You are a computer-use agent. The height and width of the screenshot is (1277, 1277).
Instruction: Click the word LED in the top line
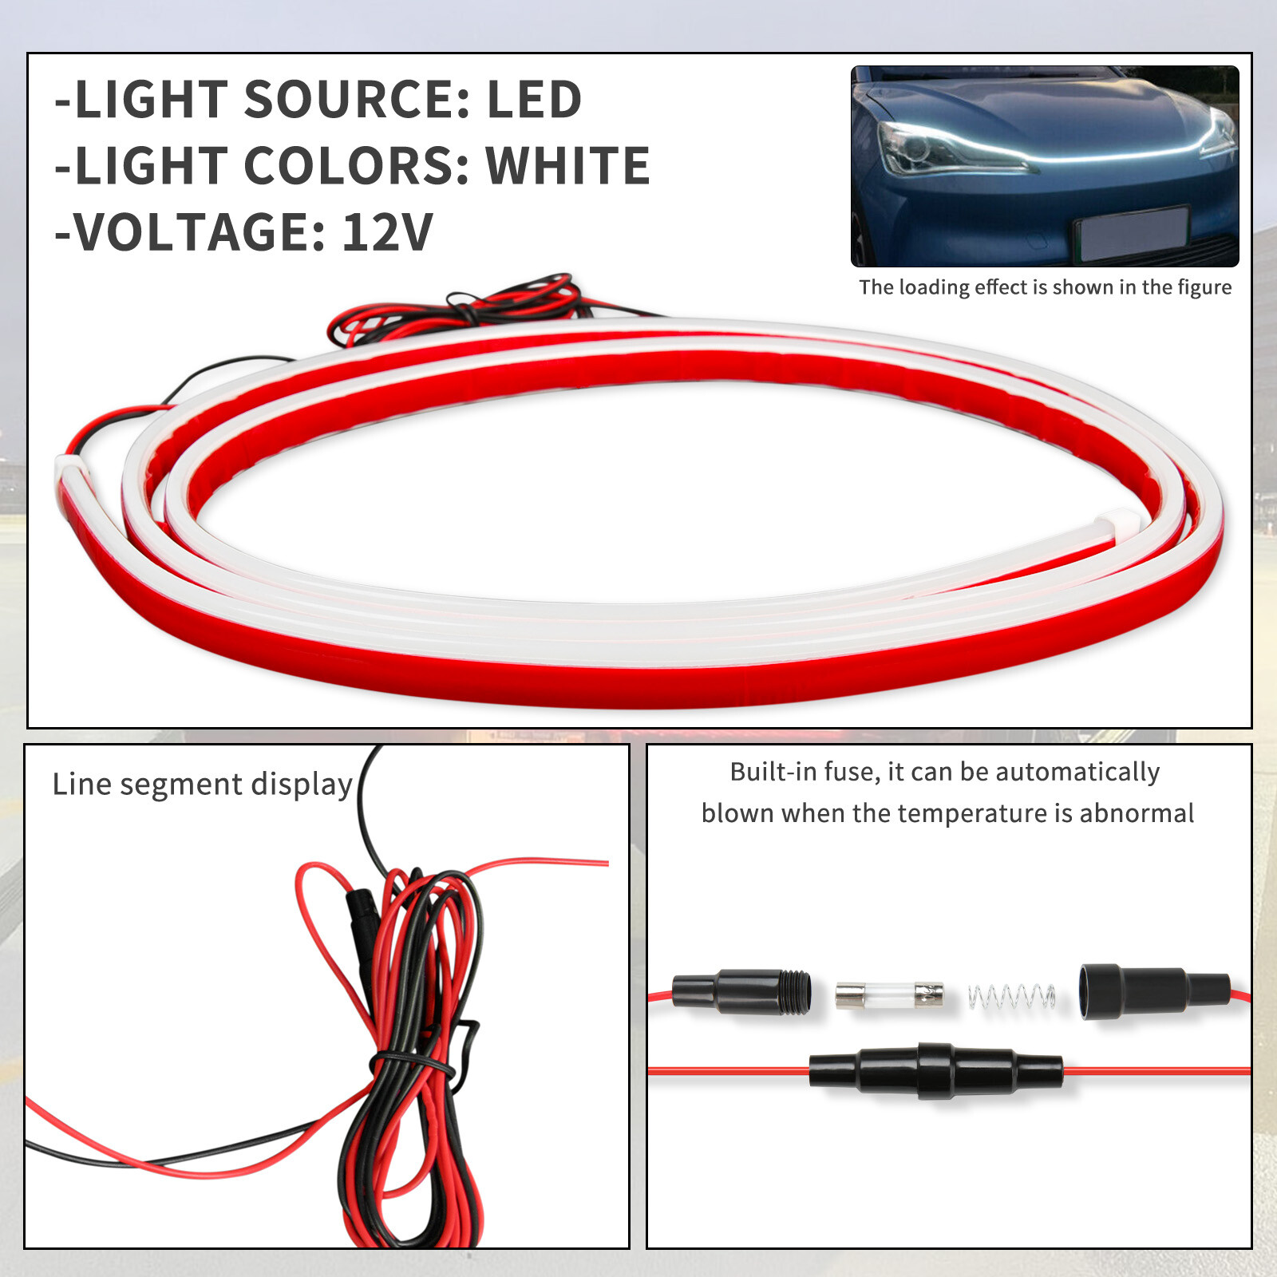534,100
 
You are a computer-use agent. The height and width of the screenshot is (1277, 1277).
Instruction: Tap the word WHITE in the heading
568,166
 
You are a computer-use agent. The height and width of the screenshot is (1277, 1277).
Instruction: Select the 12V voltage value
388,232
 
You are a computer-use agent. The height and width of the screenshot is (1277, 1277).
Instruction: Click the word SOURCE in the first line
345,100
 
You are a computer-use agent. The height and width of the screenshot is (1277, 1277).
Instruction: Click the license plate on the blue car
1132,232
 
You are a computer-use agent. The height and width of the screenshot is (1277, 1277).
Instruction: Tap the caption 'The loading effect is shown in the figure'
1045,287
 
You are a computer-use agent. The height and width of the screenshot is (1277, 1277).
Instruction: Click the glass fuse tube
889,994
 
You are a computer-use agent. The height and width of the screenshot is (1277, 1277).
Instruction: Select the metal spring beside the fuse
1011,996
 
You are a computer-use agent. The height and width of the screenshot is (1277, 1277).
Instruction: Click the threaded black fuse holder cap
742,991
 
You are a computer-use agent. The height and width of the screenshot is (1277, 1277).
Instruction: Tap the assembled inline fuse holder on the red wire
935,1070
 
